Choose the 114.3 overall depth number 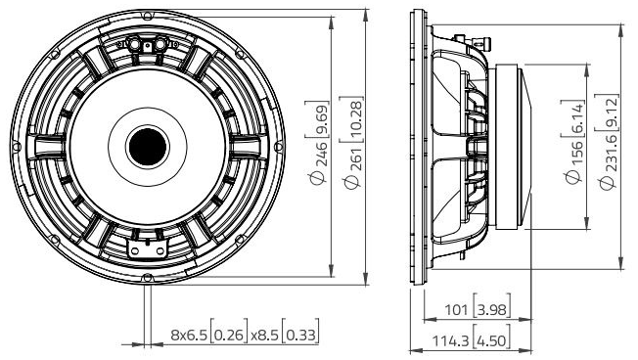pyautogui.click(x=450, y=340)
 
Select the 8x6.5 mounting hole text pyautogui.click(x=191, y=335)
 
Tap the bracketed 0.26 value pyautogui.click(x=229, y=335)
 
